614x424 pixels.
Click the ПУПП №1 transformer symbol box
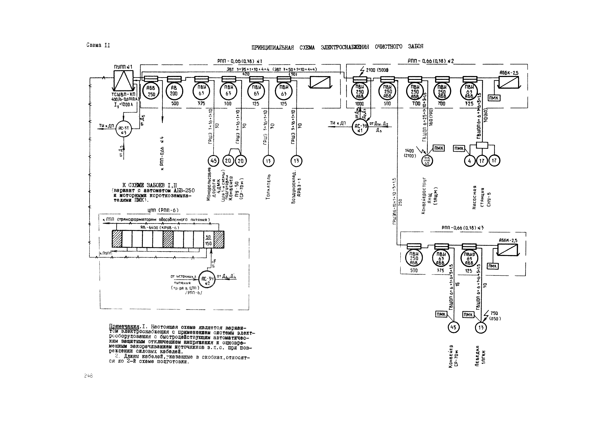tap(123, 80)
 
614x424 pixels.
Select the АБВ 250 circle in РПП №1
tap(151, 91)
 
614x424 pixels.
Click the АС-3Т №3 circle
tap(123, 129)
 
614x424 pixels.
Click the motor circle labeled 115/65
tap(427, 161)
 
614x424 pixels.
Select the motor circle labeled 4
tap(469, 161)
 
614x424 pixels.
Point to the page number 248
tap(88, 376)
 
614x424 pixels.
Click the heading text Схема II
tap(98, 45)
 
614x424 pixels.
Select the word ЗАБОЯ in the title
tap(416, 46)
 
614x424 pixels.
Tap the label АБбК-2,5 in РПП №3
tap(508, 240)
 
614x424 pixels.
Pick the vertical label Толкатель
tap(268, 187)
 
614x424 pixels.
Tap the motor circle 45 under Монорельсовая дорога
tap(213, 161)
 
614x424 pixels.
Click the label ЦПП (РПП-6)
tap(163, 210)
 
